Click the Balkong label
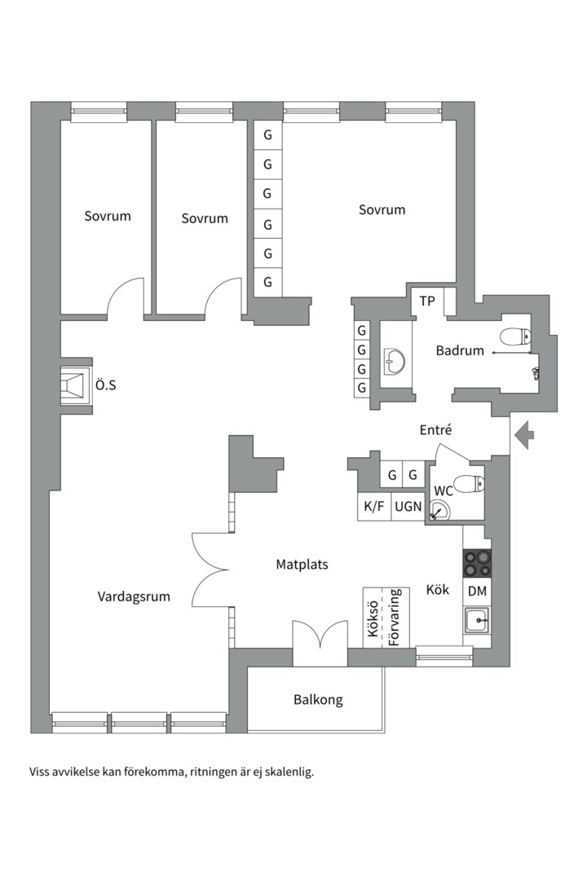click(318, 699)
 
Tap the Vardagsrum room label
click(134, 596)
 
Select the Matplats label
click(302, 564)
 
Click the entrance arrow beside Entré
click(524, 435)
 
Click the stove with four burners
click(477, 563)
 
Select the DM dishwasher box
click(477, 592)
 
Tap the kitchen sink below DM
click(477, 621)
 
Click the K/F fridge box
click(374, 506)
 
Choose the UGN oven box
click(408, 506)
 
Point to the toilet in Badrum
click(515, 335)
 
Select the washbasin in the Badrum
click(395, 359)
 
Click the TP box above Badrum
click(427, 301)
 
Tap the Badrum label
click(460, 351)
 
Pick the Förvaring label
click(395, 618)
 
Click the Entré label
click(435, 430)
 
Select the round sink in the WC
click(439, 512)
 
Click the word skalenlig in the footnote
click(288, 771)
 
